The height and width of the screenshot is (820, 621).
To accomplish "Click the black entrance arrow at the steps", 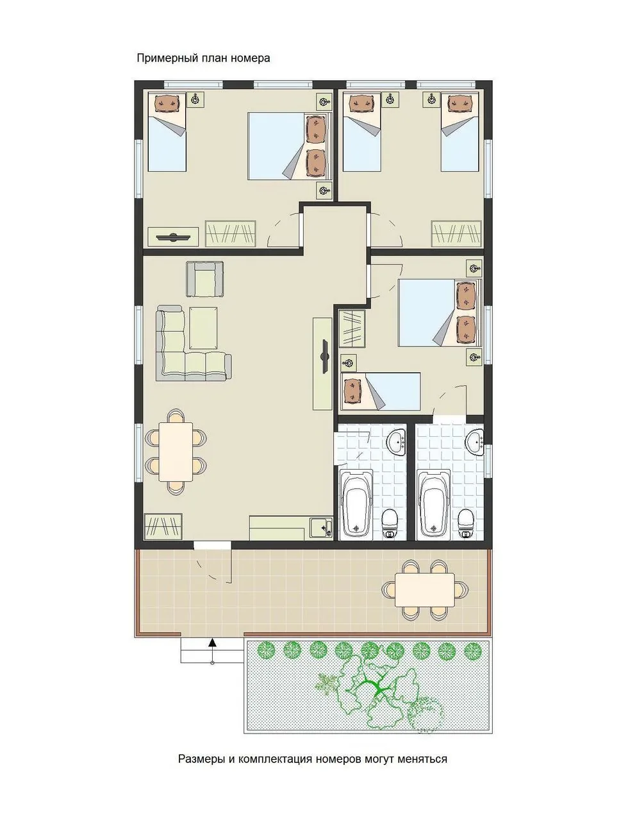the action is point(212,642).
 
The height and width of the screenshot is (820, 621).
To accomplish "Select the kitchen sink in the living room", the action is point(320,528).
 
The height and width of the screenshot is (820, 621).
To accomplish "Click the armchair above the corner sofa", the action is point(204,279).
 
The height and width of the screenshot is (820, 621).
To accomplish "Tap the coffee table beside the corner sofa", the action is point(203,328).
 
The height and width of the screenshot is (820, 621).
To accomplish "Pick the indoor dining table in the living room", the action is point(175,451).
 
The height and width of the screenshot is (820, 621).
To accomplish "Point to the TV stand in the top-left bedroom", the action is point(173,236).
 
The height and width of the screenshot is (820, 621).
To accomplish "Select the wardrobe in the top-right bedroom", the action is point(456,233).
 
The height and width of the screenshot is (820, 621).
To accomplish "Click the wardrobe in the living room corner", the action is point(163,526).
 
